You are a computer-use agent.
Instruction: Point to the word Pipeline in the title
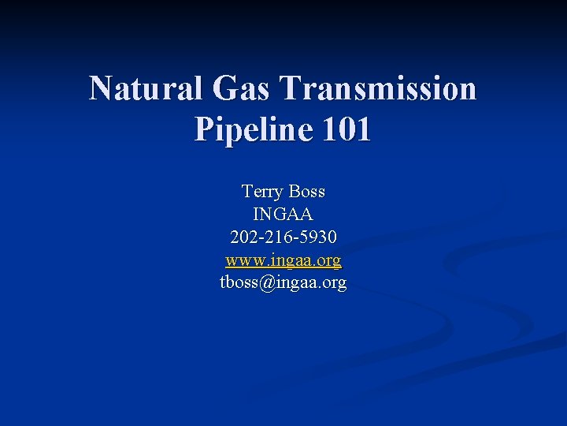click(249, 129)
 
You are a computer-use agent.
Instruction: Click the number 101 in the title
click(343, 129)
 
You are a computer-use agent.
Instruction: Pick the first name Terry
click(263, 192)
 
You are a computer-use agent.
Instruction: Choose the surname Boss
click(307, 192)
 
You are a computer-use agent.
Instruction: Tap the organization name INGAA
click(283, 214)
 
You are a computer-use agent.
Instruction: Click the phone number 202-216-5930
click(283, 237)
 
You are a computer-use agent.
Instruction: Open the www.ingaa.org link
click(283, 260)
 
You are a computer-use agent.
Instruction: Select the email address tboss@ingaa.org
click(283, 282)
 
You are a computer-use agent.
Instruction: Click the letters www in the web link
click(242, 260)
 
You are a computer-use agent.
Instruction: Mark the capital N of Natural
click(100, 88)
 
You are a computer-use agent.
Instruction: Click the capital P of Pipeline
click(202, 129)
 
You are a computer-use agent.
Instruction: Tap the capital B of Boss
click(295, 192)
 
